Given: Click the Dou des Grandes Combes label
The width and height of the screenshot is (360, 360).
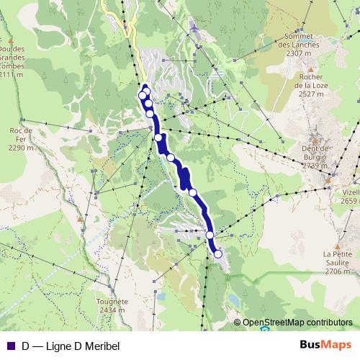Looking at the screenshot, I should pos(12,58).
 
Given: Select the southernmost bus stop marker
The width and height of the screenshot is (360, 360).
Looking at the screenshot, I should pos(217,253).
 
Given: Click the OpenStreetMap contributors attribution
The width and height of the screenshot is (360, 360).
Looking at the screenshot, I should pos(298,323).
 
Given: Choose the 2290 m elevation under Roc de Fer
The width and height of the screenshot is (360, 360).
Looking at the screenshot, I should pos(22,148).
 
